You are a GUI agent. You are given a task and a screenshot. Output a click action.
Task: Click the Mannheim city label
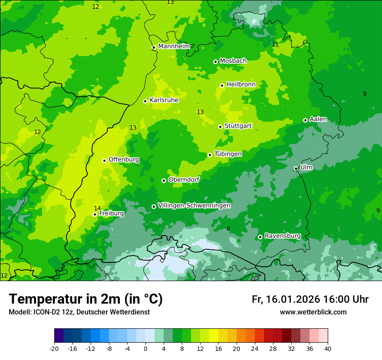174,46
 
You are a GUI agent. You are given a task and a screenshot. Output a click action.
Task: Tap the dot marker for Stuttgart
220,127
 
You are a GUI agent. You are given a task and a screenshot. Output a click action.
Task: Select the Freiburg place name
112,213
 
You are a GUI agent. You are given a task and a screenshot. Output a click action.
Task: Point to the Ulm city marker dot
296,168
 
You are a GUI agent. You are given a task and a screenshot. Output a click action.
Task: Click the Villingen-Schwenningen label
194,206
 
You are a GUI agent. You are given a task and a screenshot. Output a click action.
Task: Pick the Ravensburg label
283,236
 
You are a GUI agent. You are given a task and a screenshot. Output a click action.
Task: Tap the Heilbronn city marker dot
222,85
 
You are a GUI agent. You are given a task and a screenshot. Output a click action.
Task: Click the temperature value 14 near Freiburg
97,208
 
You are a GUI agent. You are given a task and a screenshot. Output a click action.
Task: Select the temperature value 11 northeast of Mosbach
275,44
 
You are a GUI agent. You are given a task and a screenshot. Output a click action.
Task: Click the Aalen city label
318,119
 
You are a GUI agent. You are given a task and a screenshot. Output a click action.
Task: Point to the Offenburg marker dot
104,160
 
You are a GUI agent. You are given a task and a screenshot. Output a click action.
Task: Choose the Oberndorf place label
184,180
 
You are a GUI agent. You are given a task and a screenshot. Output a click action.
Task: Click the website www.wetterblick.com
313,312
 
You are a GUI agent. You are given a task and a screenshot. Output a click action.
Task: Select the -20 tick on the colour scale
54,348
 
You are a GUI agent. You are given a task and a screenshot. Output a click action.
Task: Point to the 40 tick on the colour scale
328,348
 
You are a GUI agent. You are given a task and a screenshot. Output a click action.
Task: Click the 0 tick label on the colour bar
145,348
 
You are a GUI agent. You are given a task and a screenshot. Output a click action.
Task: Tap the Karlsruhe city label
164,100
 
